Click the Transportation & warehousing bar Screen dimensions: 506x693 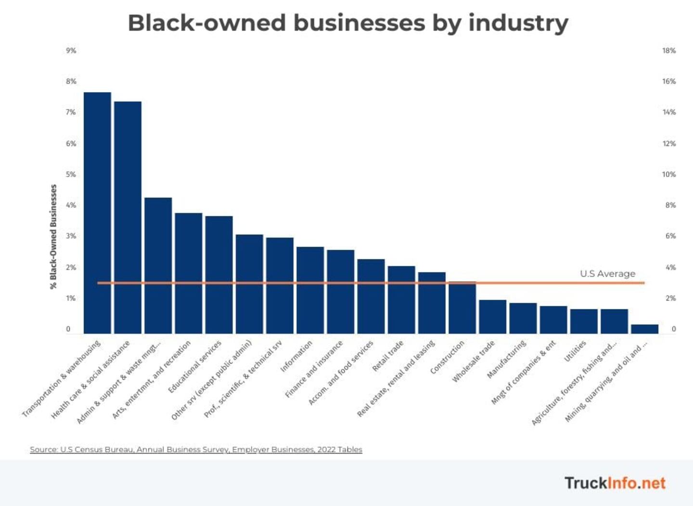tap(97, 212)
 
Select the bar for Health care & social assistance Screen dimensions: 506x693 tap(128, 217)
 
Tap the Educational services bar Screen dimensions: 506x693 tap(219, 275)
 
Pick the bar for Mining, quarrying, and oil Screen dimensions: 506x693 tap(644, 329)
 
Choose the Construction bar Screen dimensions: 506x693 tap(462, 308)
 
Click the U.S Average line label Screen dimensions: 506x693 tap(607, 274)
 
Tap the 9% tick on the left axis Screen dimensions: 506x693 tap(71, 51)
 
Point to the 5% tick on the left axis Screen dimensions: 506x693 tap(71, 174)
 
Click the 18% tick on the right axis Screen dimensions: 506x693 tap(669, 51)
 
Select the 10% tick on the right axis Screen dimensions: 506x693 tap(669, 174)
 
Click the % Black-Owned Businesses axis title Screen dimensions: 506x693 tap(53, 236)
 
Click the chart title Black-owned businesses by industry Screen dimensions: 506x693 tap(347, 23)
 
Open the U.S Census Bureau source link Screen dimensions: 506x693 tap(196, 450)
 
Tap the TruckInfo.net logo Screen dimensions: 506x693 tap(615, 483)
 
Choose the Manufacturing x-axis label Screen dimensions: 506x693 tap(506, 359)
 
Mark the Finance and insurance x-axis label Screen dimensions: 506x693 tap(314, 369)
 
